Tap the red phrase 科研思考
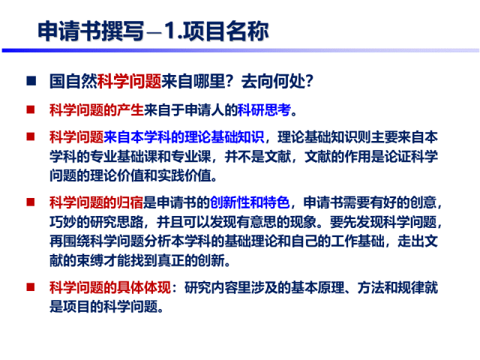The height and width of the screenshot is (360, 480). (x=263, y=110)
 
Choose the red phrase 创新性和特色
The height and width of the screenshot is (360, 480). (x=247, y=203)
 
